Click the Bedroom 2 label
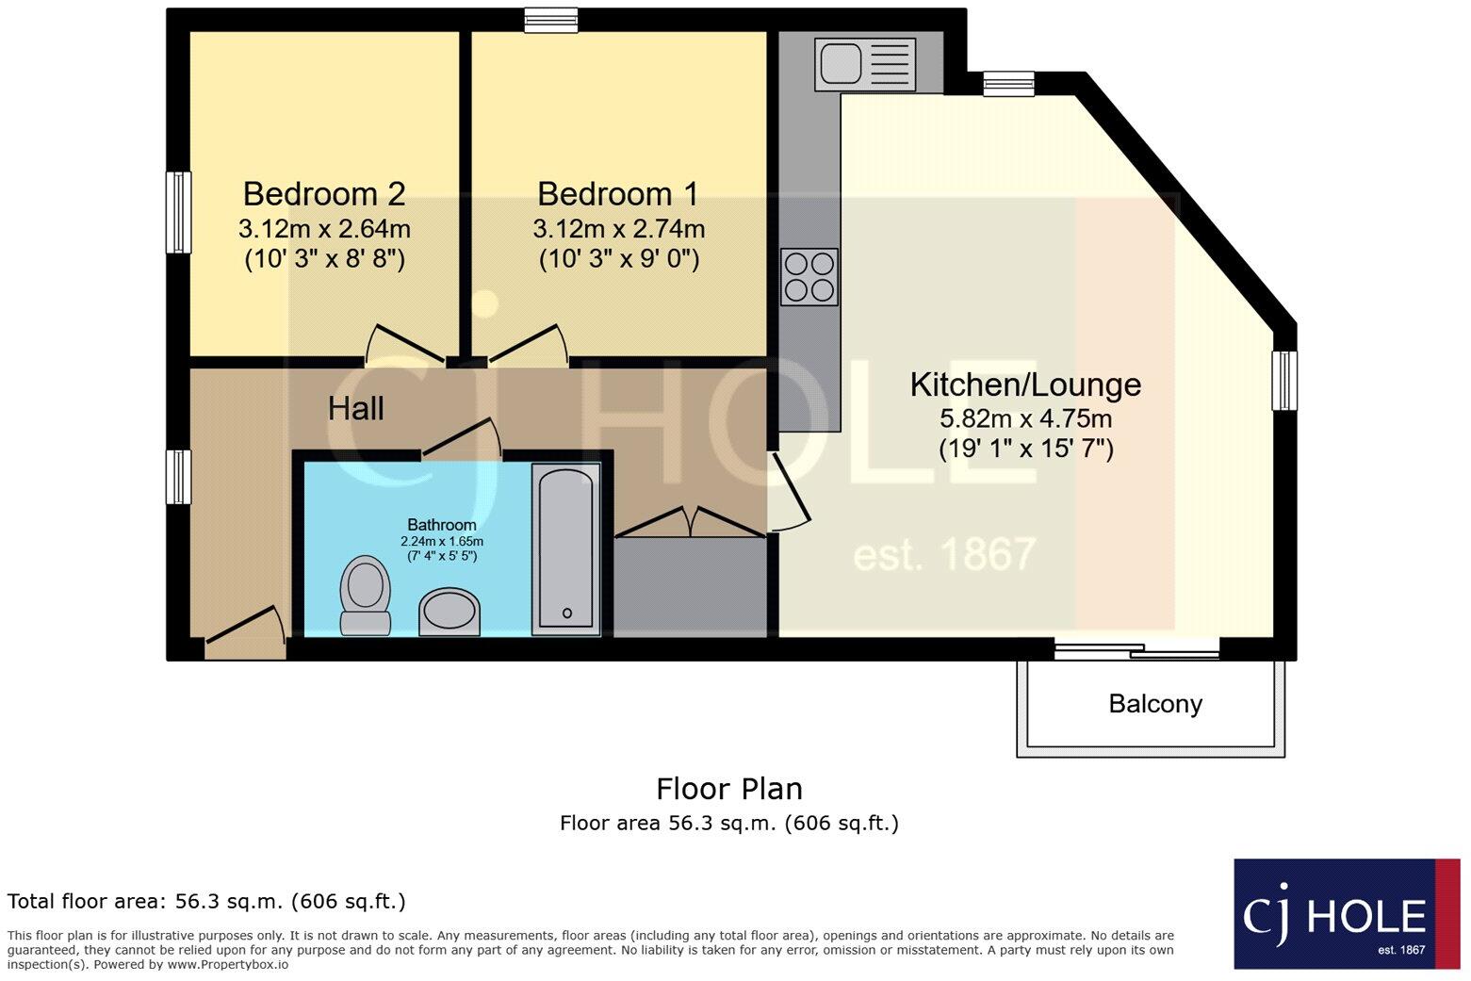[x=324, y=193]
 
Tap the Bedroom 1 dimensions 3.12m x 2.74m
[x=618, y=229]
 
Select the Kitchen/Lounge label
[x=1025, y=384]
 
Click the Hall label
[x=355, y=408]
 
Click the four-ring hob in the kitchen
[x=809, y=277]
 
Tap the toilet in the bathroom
[x=365, y=595]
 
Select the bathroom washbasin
[x=449, y=612]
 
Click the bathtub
[x=565, y=548]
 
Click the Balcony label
[x=1155, y=704]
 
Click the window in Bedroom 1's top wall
[x=551, y=20]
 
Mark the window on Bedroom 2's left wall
[x=178, y=212]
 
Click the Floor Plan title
[x=728, y=788]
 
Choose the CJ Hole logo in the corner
[x=1346, y=913]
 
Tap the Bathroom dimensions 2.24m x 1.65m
[x=442, y=542]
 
